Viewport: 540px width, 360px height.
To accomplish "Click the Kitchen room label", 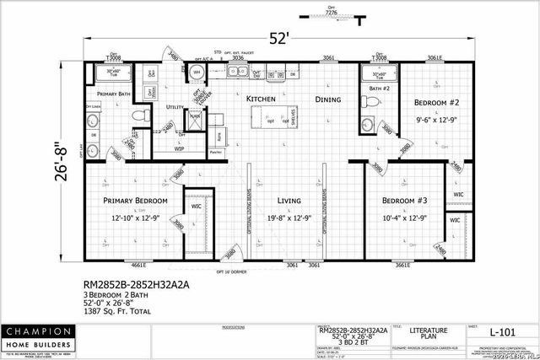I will (262, 99).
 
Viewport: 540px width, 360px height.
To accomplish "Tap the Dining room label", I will (328, 99).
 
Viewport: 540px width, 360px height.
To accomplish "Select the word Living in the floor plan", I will (290, 201).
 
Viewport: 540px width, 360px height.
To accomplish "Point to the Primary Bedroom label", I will (135, 201).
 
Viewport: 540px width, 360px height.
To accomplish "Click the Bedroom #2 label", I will (435, 102).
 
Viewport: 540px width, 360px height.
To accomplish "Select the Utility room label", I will (175, 108).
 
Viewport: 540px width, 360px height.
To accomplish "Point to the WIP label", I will (179, 148).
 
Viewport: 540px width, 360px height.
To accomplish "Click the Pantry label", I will (216, 152).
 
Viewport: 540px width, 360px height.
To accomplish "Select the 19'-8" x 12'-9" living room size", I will (290, 218).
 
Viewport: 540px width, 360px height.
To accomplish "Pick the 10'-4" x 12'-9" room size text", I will (405, 218).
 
